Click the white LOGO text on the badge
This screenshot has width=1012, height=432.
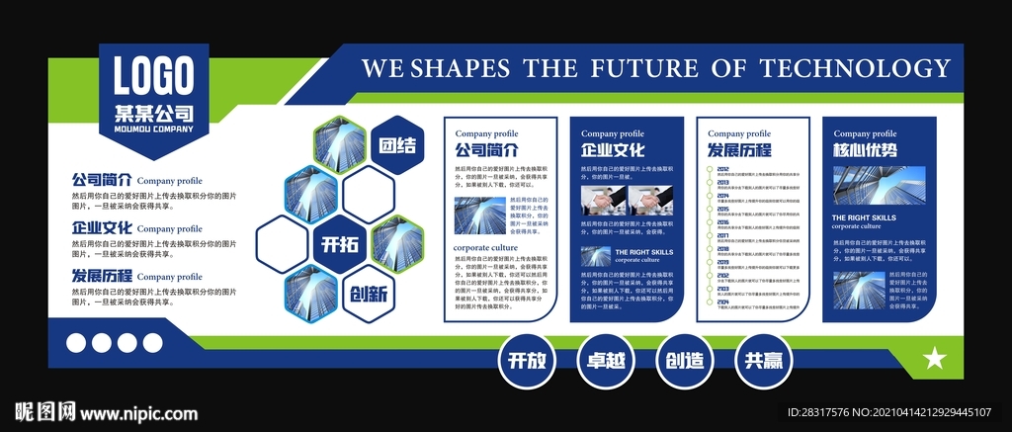point(152,75)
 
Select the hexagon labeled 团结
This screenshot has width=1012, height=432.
point(397,145)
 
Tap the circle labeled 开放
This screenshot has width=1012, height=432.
point(526,361)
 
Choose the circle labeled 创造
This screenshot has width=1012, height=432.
point(684,361)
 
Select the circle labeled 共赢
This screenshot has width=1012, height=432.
point(763,361)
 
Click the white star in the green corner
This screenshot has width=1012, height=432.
point(933,359)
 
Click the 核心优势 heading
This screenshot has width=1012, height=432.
point(865,151)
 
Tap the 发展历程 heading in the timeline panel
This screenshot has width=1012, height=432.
point(738,151)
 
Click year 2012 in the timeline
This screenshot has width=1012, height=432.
point(722,170)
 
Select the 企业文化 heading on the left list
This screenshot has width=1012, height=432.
point(102,228)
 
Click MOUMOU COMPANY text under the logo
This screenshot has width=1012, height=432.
point(152,129)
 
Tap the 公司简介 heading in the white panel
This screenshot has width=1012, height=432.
point(486,151)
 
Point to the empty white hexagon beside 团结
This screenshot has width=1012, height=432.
point(369,194)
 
